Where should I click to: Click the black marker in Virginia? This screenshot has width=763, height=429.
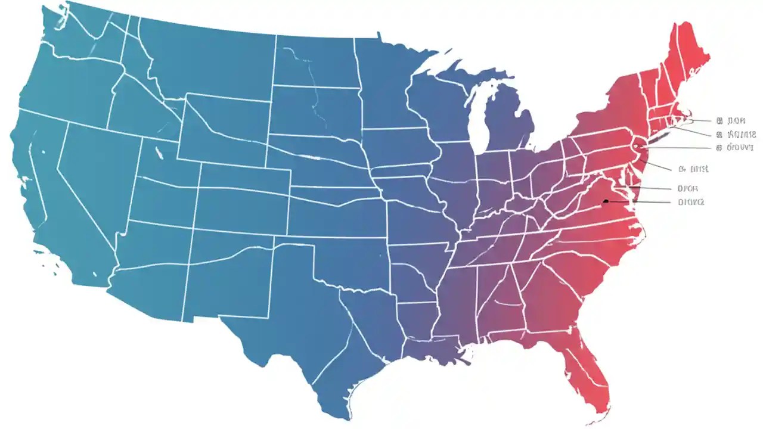(x=606, y=201)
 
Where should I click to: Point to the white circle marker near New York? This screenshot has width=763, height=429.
(x=635, y=145)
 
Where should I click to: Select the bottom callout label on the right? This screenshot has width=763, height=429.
(x=691, y=202)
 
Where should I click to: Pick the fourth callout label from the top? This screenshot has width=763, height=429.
(x=694, y=169)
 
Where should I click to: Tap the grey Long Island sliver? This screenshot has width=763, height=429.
(x=653, y=139)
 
